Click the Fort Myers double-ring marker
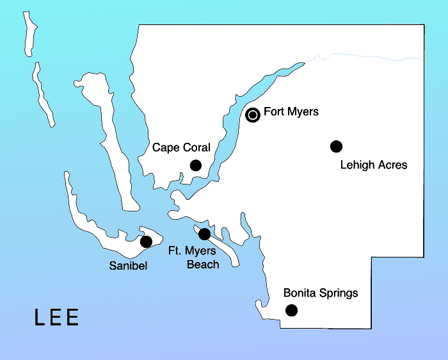tap(253, 115)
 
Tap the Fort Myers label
tap(291, 112)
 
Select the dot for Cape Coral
tap(196, 165)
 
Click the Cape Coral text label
tap(181, 148)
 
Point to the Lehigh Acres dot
tap(336, 146)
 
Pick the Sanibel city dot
tap(146, 241)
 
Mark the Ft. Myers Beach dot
tap(205, 234)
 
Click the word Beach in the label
tap(203, 264)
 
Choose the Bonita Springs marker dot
tap(291, 311)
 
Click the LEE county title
tap(57, 318)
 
